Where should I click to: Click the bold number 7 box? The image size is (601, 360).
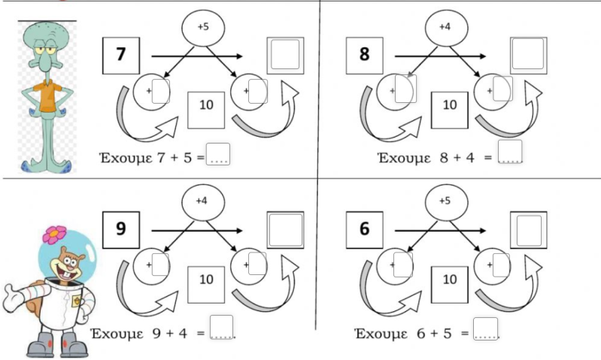coord(120,55)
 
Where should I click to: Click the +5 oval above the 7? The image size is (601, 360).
coord(203,28)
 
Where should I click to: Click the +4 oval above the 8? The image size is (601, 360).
coord(446,28)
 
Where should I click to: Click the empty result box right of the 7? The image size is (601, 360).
coord(286,55)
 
